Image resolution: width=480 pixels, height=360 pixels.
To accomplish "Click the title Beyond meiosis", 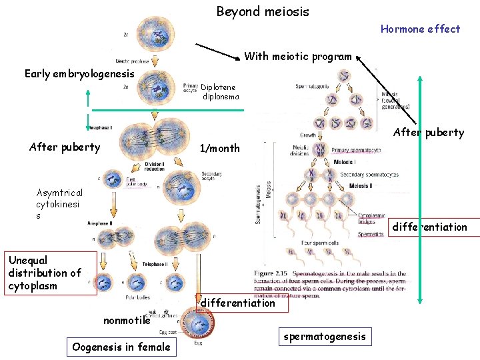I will pyautogui.click(x=263, y=11).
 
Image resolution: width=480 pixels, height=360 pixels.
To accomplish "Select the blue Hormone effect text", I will pyautogui.click(x=420, y=29).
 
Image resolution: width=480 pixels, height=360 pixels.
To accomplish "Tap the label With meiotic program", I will pyautogui.click(x=297, y=57).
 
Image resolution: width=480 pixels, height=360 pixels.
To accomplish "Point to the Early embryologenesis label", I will pyautogui.click(x=79, y=73).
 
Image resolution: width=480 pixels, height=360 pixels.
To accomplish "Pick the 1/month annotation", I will pyautogui.click(x=220, y=148).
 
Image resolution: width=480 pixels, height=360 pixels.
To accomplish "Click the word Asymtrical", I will pyautogui.click(x=59, y=192).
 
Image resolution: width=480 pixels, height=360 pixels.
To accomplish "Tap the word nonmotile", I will pyautogui.click(x=126, y=321).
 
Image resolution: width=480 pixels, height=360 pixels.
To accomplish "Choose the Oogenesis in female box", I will pyautogui.click(x=121, y=347).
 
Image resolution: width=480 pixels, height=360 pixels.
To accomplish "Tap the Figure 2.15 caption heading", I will pyautogui.click(x=273, y=273).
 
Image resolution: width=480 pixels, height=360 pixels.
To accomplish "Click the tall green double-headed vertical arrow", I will pyautogui.click(x=419, y=190).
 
